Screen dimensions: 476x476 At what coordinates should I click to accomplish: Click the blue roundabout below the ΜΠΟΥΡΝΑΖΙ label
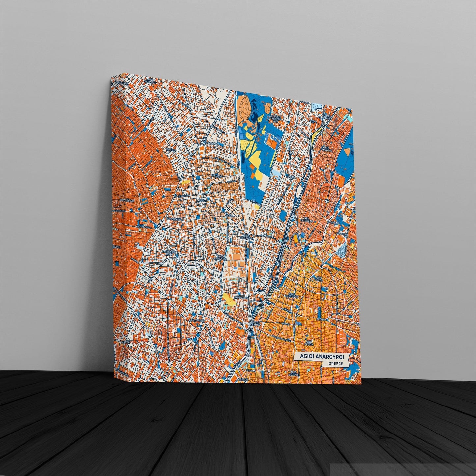223,209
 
